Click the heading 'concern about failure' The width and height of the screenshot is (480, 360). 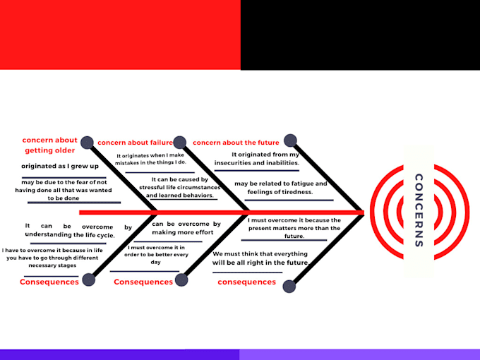click(135, 143)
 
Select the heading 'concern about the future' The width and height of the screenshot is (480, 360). click(236, 143)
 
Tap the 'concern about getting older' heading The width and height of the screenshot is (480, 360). click(50, 145)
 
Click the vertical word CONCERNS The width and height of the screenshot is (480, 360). click(419, 210)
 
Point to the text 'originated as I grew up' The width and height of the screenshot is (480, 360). click(60, 166)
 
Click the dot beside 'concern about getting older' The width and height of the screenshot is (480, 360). click(88, 143)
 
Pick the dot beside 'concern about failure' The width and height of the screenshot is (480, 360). click(180, 143)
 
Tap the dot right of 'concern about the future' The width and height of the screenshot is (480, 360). click(290, 140)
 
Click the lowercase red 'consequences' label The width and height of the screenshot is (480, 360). click(247, 282)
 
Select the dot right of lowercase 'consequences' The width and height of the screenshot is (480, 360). click(289, 287)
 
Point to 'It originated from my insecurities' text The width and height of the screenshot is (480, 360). click(256, 159)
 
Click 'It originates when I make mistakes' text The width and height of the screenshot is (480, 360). click(150, 159)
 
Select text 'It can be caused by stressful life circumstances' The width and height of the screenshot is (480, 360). click(180, 187)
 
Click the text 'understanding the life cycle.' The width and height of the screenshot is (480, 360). click(70, 235)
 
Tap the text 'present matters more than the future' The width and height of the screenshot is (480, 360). click(294, 232)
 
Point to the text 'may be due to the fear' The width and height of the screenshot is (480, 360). click(64, 190)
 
